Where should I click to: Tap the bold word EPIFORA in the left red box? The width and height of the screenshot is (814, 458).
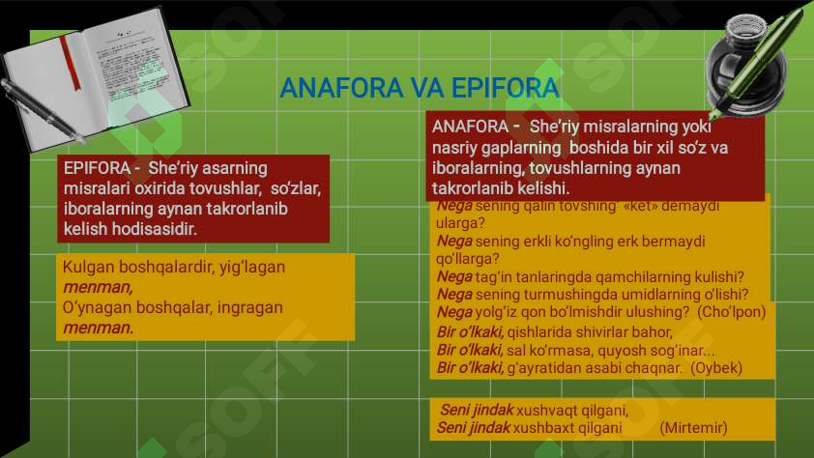pos(96,167)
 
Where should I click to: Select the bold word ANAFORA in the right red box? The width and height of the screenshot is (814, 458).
pos(470,127)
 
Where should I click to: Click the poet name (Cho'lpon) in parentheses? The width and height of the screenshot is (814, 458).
pos(731,312)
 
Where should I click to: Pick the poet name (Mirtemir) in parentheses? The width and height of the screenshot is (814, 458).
pos(693,427)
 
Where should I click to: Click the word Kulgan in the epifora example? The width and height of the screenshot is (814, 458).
pos(86,267)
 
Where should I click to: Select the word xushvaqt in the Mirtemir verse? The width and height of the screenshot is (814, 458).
pos(548,410)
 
